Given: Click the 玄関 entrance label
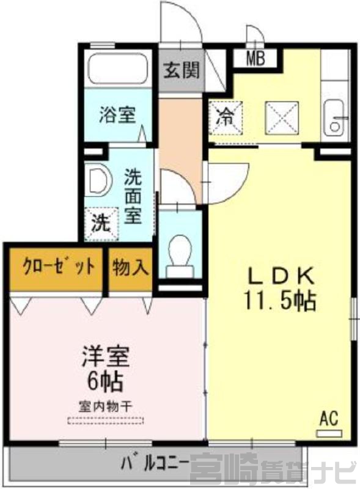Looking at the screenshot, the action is (182, 70).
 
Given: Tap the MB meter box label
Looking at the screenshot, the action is (256, 58).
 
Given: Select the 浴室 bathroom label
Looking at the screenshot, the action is (117, 114).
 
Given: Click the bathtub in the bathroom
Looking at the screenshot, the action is (117, 68).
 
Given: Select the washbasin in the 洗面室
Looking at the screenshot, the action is (98, 182).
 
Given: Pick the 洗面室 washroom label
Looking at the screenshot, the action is (133, 196).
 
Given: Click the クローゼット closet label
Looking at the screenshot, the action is (58, 268).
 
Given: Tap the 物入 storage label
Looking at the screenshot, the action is (130, 267).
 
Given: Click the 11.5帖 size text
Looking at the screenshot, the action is (280, 301).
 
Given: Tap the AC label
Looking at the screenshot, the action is (329, 419).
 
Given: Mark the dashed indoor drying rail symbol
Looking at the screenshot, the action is (106, 421).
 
